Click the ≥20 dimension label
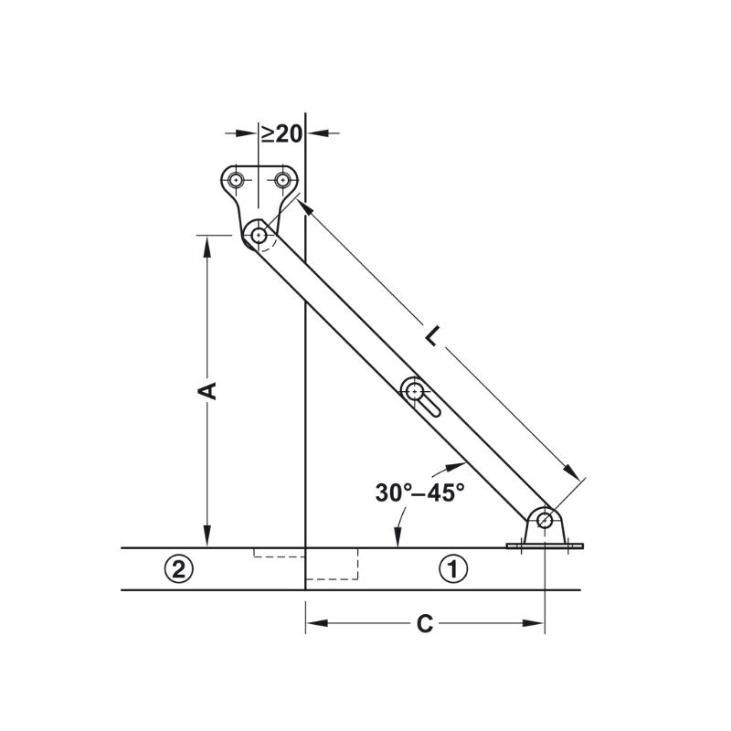click(x=281, y=133)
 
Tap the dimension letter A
click(x=207, y=391)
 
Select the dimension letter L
click(x=432, y=335)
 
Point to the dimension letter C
click(x=424, y=624)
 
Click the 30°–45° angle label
click(x=420, y=493)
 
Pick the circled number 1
click(x=453, y=568)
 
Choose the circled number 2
click(x=178, y=568)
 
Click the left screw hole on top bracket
click(x=238, y=179)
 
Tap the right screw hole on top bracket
click(x=282, y=179)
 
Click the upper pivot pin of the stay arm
click(x=259, y=236)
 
